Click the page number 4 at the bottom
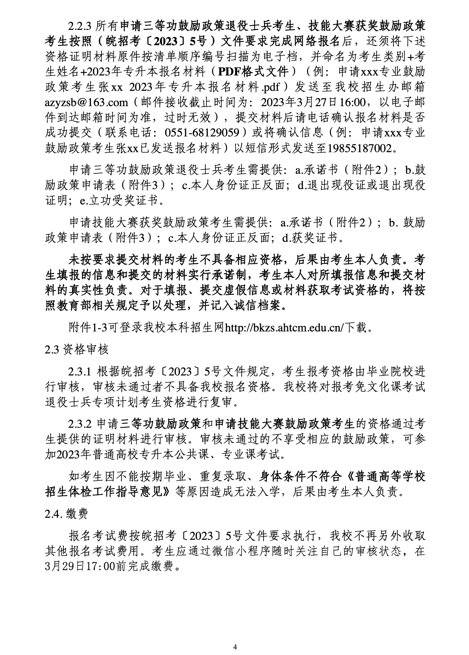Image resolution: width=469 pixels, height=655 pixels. coord(235,636)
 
